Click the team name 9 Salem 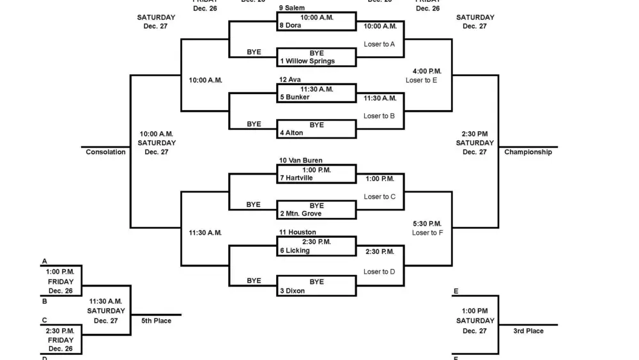(292, 8)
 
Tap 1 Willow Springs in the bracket (307, 61)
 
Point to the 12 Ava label (289, 80)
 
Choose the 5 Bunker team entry (295, 98)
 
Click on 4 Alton (291, 134)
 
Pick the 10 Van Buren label (300, 160)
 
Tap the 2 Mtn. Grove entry (300, 214)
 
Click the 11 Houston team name (297, 233)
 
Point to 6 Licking (295, 251)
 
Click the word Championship (528, 152)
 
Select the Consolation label (105, 152)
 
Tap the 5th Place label (157, 321)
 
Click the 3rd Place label (528, 331)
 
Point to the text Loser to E (421, 81)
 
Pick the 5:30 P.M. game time (427, 224)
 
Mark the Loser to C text (380, 197)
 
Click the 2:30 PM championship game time (475, 134)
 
